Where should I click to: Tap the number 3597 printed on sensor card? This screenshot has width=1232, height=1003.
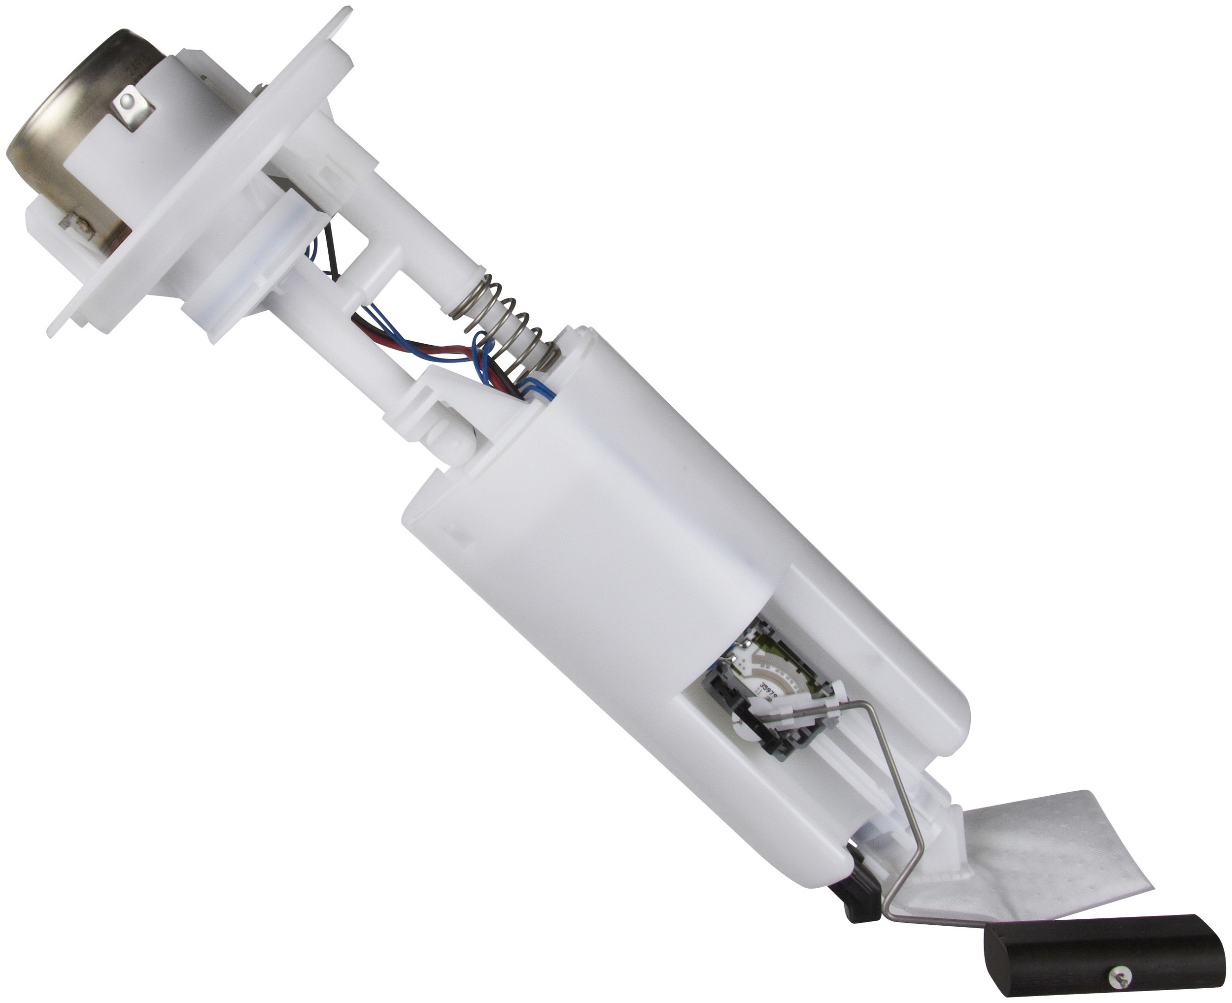point(767,690)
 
